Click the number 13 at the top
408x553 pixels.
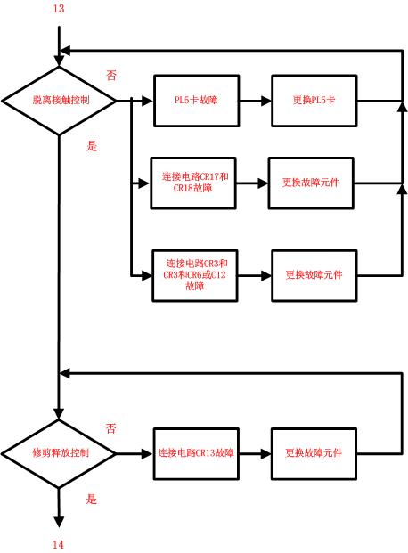(59, 9)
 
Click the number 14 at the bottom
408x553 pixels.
(59, 543)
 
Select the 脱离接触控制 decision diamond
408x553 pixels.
(59, 101)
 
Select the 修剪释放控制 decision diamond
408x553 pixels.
(59, 452)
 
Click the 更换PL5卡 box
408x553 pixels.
(314, 101)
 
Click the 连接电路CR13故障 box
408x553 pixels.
(196, 452)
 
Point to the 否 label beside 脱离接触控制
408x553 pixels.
(110, 77)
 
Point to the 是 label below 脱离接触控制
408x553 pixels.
(91, 145)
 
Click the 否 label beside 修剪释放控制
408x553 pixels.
(110, 429)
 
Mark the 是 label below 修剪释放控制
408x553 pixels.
(91, 499)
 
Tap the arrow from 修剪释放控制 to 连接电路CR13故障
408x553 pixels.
(134, 452)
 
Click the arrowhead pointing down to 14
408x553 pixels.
(59, 522)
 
